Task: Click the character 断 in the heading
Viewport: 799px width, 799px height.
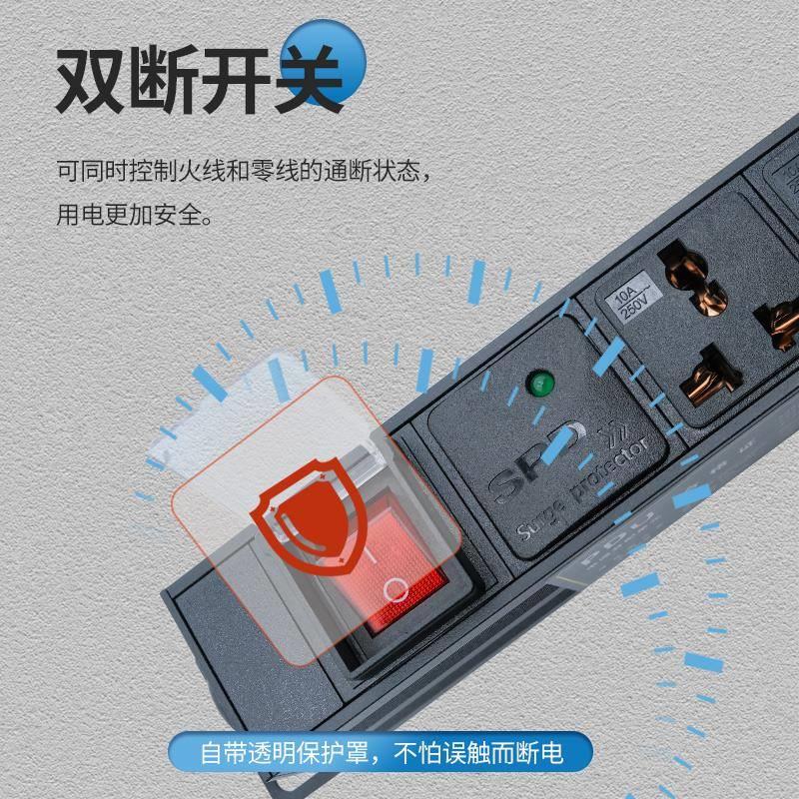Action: [169, 78]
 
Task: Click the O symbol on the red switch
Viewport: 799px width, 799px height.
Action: [396, 588]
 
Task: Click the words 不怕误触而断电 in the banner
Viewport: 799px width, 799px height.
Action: [500, 751]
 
